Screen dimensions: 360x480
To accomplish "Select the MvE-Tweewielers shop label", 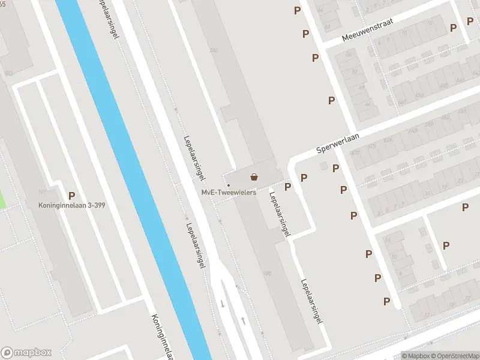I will [229, 193].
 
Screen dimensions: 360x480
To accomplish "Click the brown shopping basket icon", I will [254, 177].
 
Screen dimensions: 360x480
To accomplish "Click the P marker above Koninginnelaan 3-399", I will [72, 195].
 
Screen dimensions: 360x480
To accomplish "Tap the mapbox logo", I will [26, 353].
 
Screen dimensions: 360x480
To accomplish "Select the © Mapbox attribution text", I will [416, 356].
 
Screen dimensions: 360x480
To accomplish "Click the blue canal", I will [138, 180].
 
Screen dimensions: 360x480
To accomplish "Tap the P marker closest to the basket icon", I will [288, 187].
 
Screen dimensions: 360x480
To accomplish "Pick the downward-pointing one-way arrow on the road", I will [223, 304].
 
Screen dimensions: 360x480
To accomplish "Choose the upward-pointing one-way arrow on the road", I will [243, 321].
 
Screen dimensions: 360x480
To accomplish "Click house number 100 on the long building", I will [267, 274].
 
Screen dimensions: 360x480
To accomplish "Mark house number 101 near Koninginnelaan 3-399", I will [41, 192].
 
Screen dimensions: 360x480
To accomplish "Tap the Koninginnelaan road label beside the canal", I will [163, 336].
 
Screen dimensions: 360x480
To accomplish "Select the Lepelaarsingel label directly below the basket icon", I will [280, 214].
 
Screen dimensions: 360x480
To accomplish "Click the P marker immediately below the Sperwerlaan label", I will [336, 169].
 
